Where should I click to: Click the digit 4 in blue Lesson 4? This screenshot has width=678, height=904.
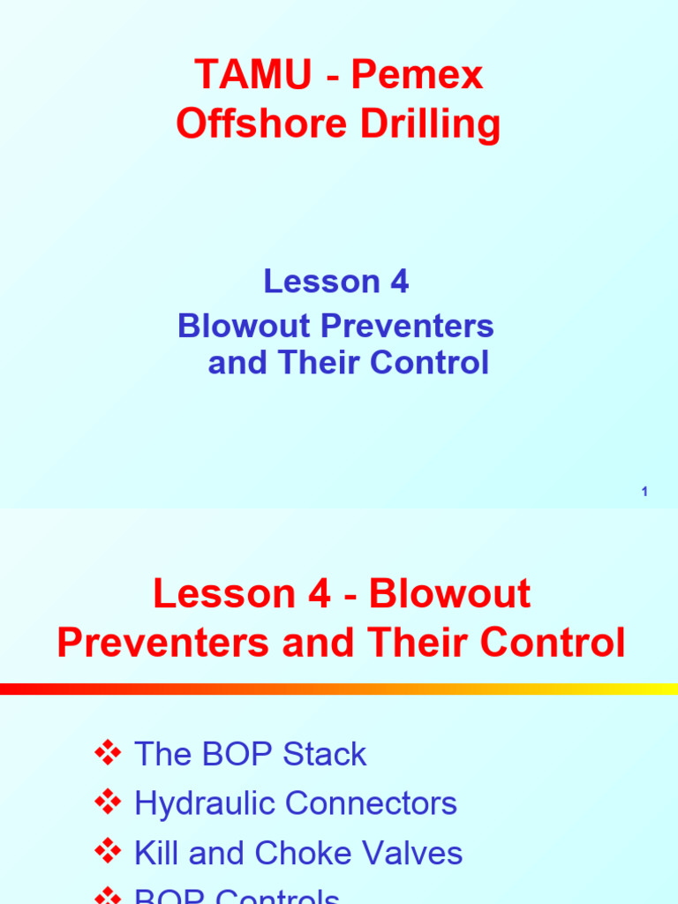coord(398,282)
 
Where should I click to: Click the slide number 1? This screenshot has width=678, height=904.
coord(645,492)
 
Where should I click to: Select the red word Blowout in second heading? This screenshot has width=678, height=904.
coord(450,594)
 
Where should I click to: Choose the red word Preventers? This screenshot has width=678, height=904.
coord(164,643)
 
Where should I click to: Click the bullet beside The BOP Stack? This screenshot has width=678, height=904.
coord(108,754)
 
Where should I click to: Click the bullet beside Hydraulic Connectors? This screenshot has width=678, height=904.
coord(108,803)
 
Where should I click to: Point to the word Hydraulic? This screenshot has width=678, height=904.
coord(206,804)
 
